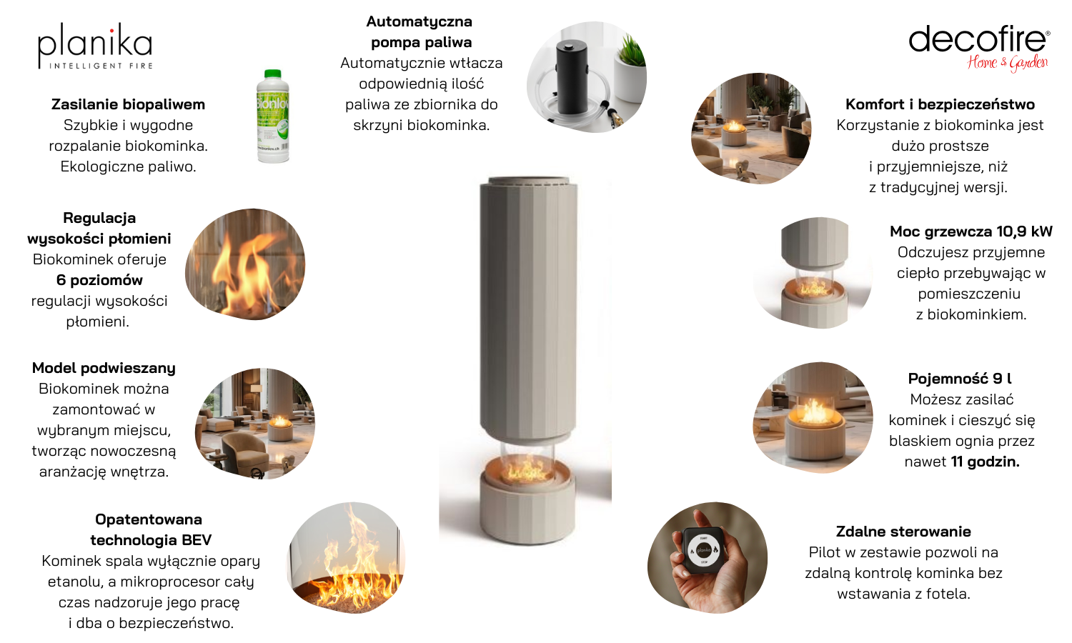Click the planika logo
point(95,46)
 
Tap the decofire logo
point(979,48)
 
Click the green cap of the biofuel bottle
point(272,74)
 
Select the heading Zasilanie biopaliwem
point(128,104)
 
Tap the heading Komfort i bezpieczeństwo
point(940,104)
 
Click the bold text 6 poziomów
point(99,280)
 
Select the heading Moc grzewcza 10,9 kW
point(971,231)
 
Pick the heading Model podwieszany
point(104,368)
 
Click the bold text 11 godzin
point(985,462)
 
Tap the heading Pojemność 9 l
point(960,379)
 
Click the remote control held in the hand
point(703,550)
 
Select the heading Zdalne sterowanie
point(903,532)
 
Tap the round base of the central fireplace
point(527,514)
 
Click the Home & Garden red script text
point(1007,63)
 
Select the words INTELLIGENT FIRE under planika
point(101,66)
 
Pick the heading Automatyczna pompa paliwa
point(420,31)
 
